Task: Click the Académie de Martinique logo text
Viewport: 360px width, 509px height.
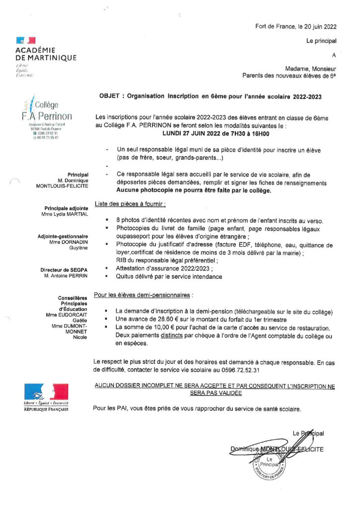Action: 46,54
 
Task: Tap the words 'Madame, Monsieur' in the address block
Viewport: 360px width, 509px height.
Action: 310,69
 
